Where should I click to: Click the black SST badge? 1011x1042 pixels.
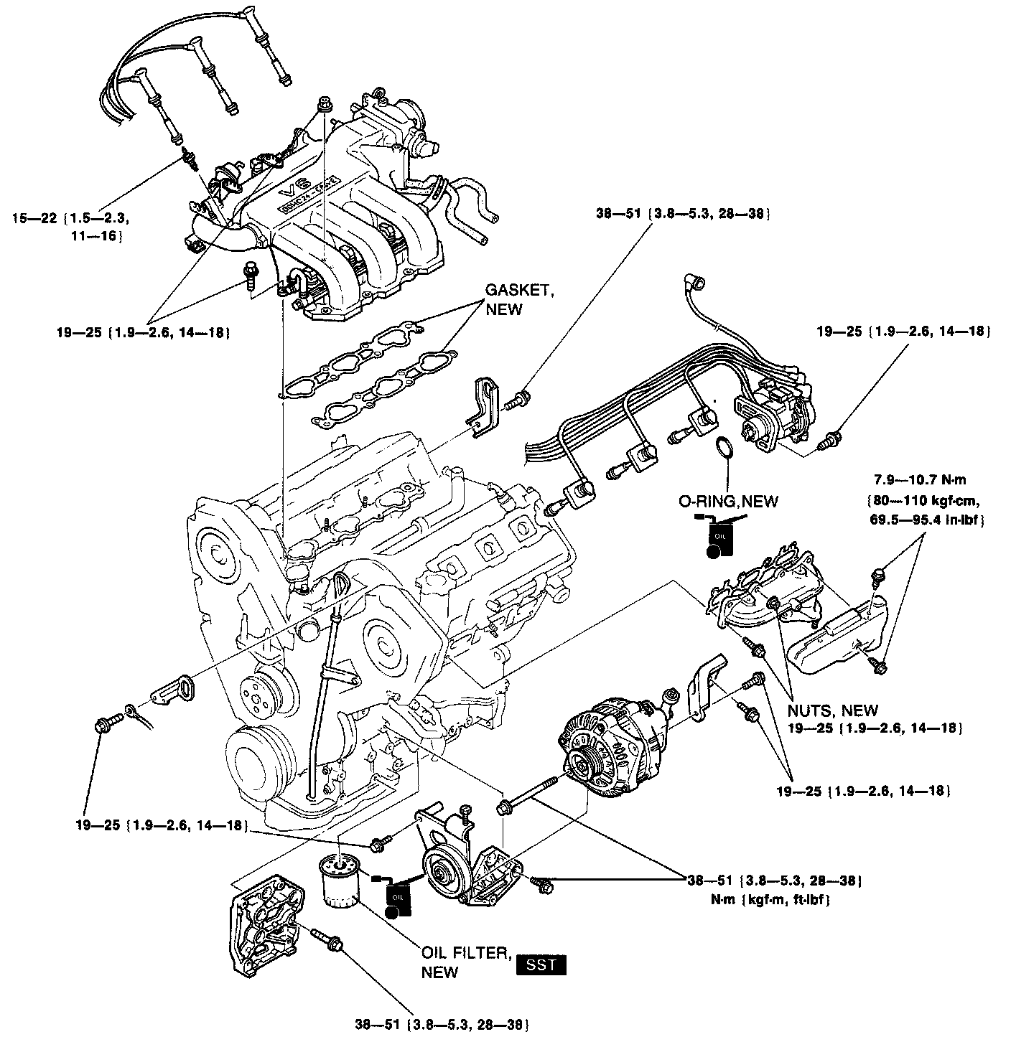click(x=541, y=964)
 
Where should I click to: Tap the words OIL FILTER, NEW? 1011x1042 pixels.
click(x=465, y=962)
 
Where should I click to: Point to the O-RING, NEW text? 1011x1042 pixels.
click(x=728, y=501)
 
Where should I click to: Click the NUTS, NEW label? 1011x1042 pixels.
click(x=832, y=710)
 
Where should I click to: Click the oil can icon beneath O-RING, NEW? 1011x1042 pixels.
click(x=719, y=540)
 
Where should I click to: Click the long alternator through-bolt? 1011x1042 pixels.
click(x=530, y=794)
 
